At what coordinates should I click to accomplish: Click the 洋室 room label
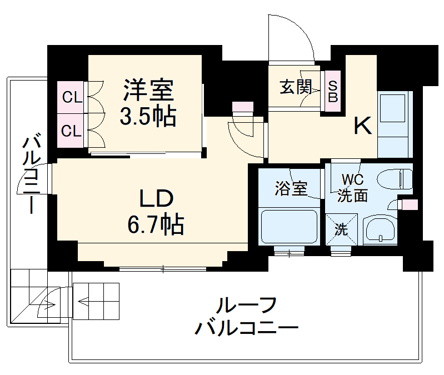click(x=148, y=89)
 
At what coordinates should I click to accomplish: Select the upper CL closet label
click(x=72, y=98)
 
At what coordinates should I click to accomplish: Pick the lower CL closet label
click(x=72, y=131)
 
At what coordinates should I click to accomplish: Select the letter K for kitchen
click(x=363, y=127)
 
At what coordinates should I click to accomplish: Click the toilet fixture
click(x=394, y=179)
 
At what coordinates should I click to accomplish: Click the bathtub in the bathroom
click(x=290, y=227)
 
